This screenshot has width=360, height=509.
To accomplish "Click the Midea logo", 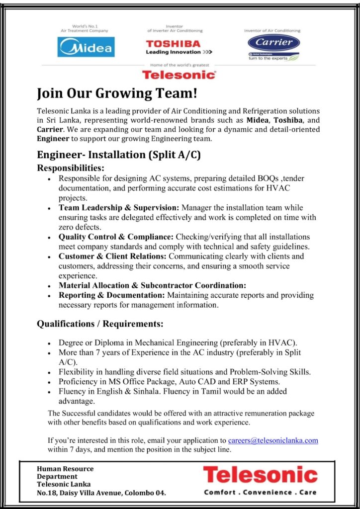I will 86,47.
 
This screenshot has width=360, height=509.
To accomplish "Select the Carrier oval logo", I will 273,43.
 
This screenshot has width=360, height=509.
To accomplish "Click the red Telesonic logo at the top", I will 179,75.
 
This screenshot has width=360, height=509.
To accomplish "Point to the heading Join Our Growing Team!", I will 106,93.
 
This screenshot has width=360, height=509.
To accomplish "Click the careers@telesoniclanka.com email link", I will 273,440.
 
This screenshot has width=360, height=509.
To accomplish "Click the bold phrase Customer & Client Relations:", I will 113,256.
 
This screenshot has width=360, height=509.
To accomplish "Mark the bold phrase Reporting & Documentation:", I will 111,295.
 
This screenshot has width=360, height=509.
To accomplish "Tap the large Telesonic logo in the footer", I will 260,475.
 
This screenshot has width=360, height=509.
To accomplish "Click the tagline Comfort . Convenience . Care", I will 260,492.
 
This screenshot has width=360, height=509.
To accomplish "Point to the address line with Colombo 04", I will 101,493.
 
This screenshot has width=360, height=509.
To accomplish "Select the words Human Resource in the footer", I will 65,468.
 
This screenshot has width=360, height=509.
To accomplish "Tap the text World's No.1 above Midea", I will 86,25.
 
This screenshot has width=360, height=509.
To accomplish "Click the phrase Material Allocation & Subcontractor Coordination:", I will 152,285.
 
